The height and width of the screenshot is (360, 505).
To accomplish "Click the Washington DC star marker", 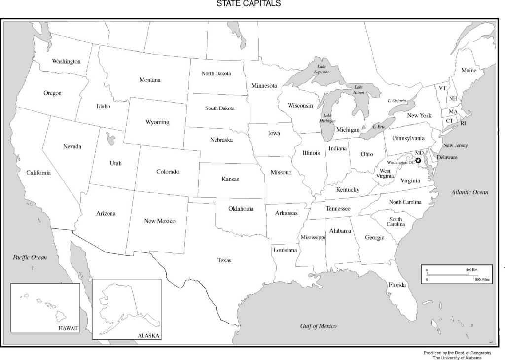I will tap(419, 160).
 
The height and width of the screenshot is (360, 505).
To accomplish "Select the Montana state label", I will tap(149, 80).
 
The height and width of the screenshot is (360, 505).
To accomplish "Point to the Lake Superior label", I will tap(322, 69).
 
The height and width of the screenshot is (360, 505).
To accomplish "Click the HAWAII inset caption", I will tap(68, 328).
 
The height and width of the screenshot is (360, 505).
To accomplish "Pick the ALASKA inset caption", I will tap(149, 336).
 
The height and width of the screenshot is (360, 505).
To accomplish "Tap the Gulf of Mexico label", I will tap(318, 326).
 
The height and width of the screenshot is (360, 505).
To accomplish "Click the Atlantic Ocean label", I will tap(469, 192).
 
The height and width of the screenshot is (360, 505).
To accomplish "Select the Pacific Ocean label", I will tap(30, 257).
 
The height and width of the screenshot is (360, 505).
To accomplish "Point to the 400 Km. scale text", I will tap(472, 270).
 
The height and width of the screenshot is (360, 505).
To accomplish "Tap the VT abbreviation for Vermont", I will tap(442, 88).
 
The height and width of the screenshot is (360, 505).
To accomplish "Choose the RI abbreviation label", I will tap(463, 124).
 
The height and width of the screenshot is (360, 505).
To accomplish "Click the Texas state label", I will tap(224, 260).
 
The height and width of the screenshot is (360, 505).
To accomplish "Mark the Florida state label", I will tap(397, 285).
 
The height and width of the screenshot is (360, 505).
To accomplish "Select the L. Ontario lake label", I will tap(397, 101).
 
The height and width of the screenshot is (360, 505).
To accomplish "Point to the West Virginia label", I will tap(385, 173).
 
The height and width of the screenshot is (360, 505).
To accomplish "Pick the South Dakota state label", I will tap(220, 108).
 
